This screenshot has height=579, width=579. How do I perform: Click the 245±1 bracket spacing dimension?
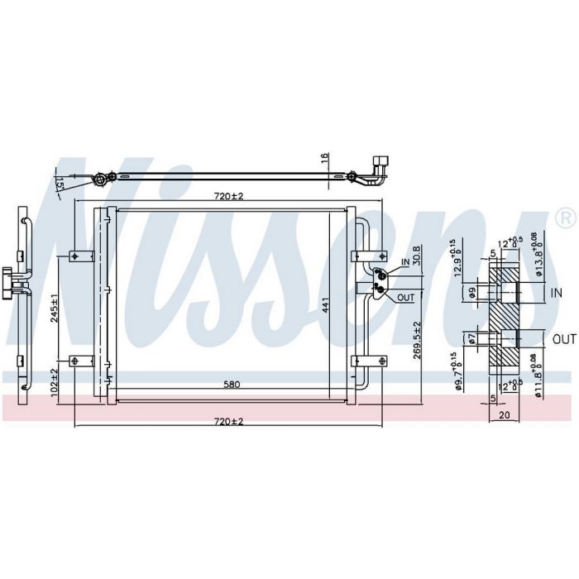(52, 308)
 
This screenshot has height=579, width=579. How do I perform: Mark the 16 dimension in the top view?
(325, 158)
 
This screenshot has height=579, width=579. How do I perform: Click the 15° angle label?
(59, 184)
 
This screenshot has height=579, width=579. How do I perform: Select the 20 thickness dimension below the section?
(505, 417)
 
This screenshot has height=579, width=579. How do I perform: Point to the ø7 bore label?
(471, 337)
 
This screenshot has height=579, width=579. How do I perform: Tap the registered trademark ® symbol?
(565, 219)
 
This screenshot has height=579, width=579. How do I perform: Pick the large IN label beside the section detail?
(557, 292)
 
